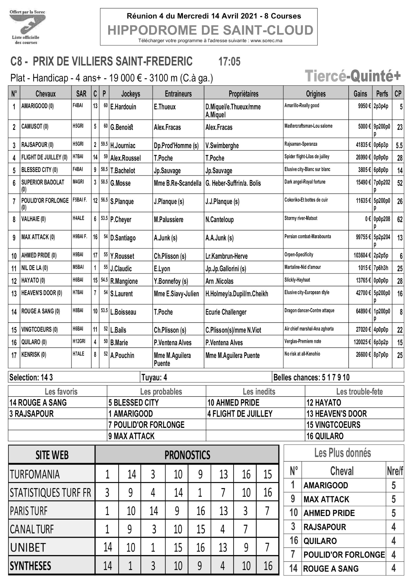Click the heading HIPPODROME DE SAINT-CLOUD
(210, 30)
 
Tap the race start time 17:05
(229, 62)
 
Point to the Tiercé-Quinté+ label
(352, 76)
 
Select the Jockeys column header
(131, 94)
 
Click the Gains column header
(360, 94)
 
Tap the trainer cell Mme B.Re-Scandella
(177, 183)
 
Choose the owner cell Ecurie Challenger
(226, 312)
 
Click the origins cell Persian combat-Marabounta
(307, 237)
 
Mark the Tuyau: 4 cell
(154, 377)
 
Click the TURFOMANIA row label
(35, 474)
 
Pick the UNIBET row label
(28, 548)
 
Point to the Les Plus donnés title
(342, 453)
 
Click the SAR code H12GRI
(79, 341)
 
